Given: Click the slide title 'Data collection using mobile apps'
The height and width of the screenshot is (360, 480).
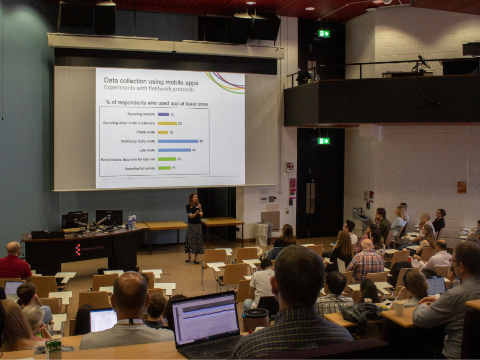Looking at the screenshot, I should pyautogui.click(x=150, y=82).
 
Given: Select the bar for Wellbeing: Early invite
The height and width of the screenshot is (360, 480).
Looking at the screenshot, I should pyautogui.click(x=178, y=141).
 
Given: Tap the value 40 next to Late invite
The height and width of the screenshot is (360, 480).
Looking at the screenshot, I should pyautogui.click(x=194, y=150).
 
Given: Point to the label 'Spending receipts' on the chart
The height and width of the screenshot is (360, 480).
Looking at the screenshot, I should pyautogui.click(x=141, y=114).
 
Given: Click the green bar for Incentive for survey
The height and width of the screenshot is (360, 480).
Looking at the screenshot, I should pyautogui.click(x=164, y=168).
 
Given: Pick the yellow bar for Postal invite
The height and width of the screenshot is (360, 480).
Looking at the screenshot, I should pyautogui.click(x=163, y=132).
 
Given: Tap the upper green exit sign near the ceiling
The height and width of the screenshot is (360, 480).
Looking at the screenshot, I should pyautogui.click(x=323, y=33).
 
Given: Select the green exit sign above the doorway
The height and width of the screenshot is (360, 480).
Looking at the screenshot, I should pyautogui.click(x=323, y=141).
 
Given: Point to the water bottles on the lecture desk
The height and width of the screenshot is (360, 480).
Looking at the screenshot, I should pyautogui.click(x=132, y=222).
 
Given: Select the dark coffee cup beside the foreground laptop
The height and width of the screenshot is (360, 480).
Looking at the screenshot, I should pyautogui.click(x=255, y=320).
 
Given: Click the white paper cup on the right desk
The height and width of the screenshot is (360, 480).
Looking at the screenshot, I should pyautogui.click(x=399, y=307).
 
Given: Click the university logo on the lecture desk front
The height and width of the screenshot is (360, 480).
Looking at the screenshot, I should pyautogui.click(x=78, y=249).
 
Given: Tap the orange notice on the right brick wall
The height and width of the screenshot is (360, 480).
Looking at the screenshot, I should pyautogui.click(x=462, y=187).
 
